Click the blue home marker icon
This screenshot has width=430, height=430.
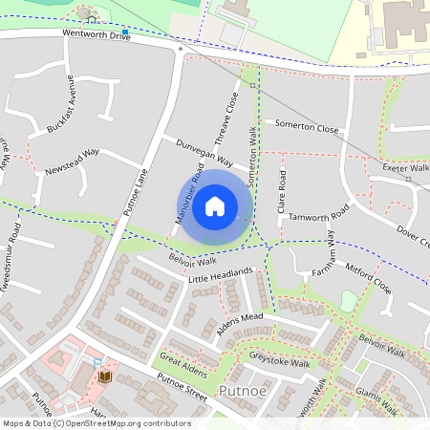(215, 206)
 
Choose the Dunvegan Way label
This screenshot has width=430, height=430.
(204, 153)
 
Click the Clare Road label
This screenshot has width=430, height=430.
(282, 192)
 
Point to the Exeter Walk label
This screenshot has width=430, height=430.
(405, 167)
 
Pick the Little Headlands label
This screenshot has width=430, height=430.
(220, 275)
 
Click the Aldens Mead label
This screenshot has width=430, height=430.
(239, 320)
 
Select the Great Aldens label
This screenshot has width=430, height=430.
(183, 365)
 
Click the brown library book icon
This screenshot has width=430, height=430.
(104, 376)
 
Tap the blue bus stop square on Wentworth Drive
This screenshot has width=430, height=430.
(124, 31)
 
